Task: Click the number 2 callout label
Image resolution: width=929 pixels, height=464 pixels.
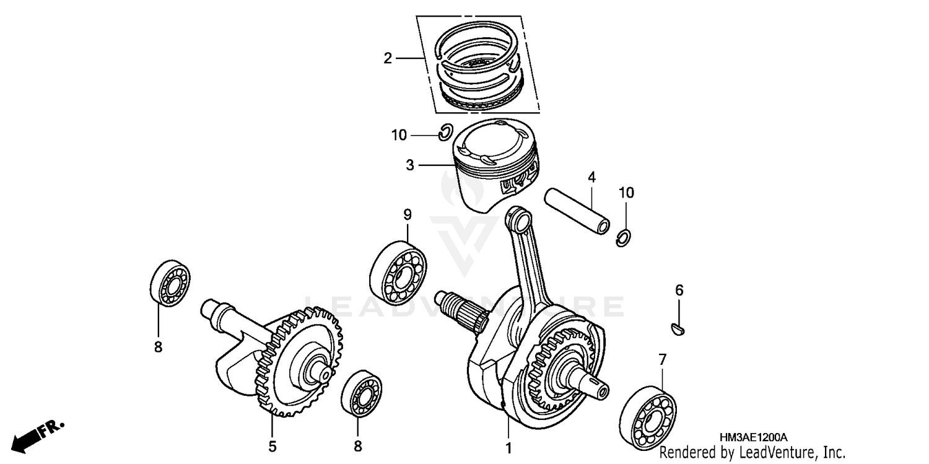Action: coord(388,59)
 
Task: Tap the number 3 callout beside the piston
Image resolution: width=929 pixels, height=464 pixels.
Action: coord(410,165)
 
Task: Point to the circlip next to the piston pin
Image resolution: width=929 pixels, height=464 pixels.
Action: coord(624,238)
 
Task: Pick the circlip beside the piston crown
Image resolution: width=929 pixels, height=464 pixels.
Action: coord(445,133)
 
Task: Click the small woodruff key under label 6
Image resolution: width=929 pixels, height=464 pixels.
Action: coord(679,328)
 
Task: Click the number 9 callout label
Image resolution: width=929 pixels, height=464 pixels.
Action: coord(408,215)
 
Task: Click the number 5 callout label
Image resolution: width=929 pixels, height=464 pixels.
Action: coord(273,446)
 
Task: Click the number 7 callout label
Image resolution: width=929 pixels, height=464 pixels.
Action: coord(662,359)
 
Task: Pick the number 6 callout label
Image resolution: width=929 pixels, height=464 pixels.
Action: coord(679,290)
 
